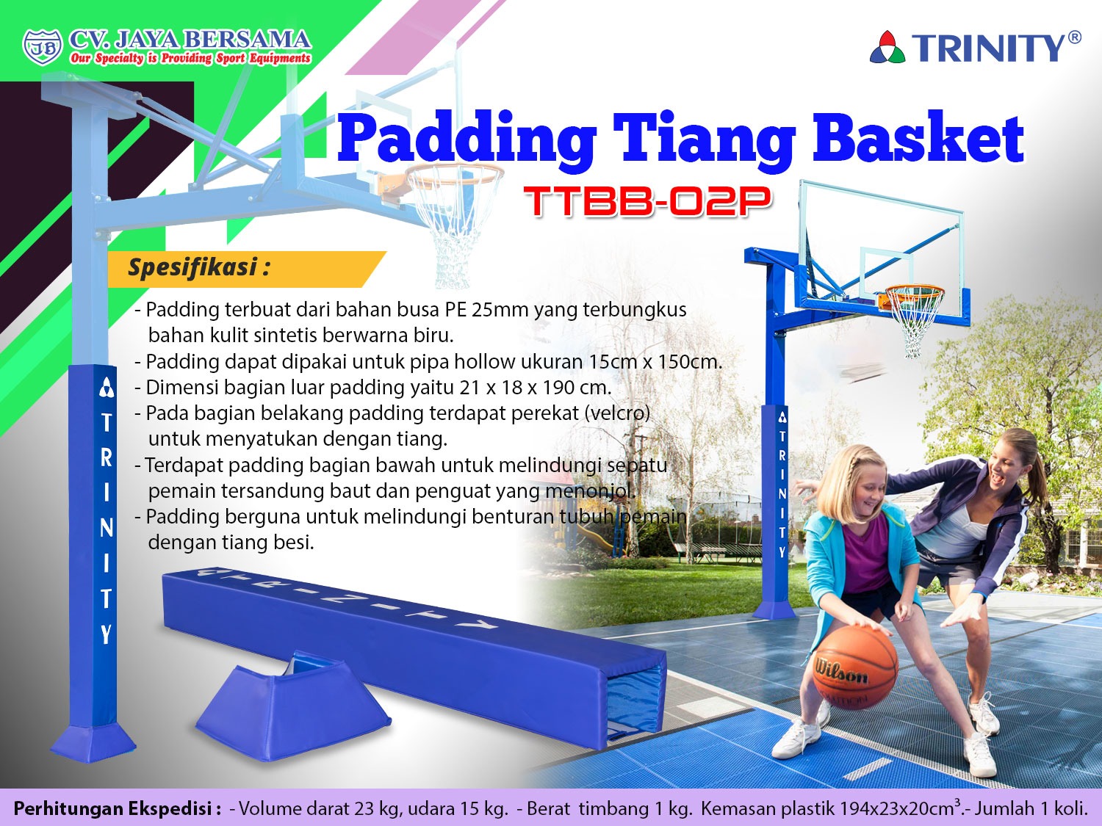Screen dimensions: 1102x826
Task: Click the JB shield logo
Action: pyautogui.click(x=43, y=47)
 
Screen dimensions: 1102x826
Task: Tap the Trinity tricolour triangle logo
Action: pyautogui.click(x=887, y=47)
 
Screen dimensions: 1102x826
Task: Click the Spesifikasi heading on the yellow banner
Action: pyautogui.click(x=199, y=267)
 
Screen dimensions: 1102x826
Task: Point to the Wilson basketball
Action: pyautogui.click(x=855, y=667)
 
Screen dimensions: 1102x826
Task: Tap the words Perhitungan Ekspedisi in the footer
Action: pyautogui.click(x=117, y=808)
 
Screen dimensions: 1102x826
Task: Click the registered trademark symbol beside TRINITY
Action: pyautogui.click(x=1074, y=37)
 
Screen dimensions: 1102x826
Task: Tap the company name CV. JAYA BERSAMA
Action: pyautogui.click(x=190, y=40)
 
